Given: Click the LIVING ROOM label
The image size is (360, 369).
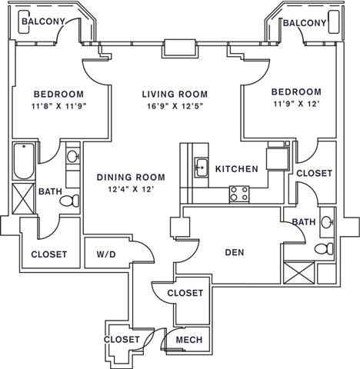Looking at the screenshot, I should [174, 95].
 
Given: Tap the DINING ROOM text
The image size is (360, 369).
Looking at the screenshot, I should [130, 178].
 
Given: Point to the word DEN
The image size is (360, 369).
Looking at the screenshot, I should [234, 251].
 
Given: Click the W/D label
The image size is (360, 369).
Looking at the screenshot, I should [107, 254].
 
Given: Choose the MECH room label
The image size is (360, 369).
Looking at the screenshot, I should [188, 340].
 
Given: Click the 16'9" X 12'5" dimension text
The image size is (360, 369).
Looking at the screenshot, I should [174, 108].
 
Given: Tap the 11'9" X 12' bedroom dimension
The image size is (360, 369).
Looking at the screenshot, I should [295, 105].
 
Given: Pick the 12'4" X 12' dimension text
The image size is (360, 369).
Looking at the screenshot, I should [130, 190].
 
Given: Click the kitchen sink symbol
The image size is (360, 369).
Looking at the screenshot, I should [200, 165].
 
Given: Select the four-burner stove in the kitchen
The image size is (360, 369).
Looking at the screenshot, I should [239, 194].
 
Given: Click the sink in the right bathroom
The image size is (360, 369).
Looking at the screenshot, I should [326, 223].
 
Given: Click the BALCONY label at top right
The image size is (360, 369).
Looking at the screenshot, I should [304, 23].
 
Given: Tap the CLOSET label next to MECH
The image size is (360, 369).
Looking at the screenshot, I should [122, 339].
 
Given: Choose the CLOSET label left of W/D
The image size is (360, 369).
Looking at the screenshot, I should [48, 254].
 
